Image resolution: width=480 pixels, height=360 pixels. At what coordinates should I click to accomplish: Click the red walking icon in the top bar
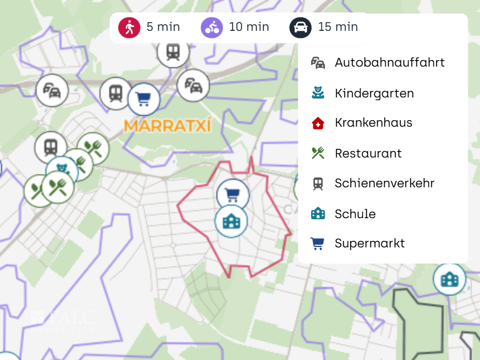129,27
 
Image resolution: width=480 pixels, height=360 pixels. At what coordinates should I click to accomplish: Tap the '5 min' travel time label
163,27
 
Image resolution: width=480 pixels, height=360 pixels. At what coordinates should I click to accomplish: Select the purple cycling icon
212,27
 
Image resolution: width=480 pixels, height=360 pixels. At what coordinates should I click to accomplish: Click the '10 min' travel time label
249,27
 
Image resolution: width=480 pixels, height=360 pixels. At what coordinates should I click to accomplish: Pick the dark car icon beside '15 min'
300,27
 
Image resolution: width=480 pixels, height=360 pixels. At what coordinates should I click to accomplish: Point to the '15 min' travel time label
338,27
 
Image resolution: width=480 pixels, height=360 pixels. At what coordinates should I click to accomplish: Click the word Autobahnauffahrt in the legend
390,63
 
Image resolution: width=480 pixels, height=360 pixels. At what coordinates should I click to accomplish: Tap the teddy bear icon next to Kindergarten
318,93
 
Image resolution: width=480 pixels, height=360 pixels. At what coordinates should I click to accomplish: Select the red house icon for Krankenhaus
318,123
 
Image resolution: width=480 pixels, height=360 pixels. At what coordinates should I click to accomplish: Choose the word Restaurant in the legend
368,153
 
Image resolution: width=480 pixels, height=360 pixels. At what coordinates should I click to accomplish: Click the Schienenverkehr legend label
384,183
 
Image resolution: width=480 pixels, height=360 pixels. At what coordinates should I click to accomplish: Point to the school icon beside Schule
318,213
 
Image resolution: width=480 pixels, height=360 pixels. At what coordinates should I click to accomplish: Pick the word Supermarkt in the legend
370,243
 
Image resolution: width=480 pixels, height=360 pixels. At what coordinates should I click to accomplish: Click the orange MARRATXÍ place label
167,126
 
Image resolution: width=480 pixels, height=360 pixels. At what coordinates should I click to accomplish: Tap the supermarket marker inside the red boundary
233,195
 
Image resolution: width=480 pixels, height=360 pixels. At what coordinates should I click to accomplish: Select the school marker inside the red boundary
231,221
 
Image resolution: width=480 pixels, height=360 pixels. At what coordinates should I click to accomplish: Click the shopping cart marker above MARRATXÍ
144,100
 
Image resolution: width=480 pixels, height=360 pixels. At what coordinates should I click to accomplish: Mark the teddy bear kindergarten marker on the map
62,169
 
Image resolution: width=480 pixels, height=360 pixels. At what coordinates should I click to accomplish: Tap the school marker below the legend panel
449,279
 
